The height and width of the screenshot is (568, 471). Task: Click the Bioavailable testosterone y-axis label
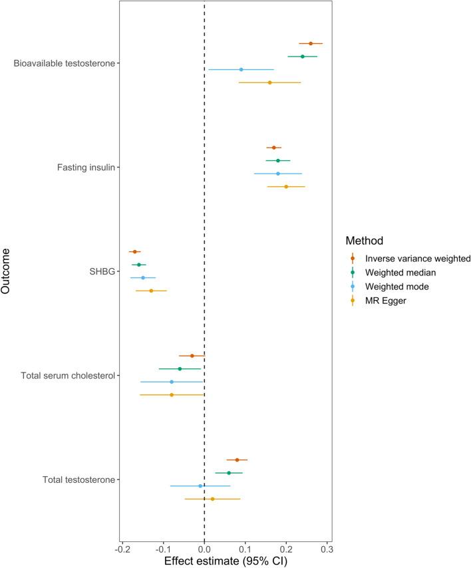tap(65, 64)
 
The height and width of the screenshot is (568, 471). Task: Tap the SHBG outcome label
tap(102, 271)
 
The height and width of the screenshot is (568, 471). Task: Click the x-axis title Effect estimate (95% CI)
tap(226, 561)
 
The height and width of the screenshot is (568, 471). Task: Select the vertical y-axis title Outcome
tap(7, 271)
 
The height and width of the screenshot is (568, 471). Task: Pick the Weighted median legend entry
tap(400, 273)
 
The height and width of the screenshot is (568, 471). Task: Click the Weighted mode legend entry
tap(398, 287)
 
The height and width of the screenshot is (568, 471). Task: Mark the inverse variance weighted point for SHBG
tap(134, 252)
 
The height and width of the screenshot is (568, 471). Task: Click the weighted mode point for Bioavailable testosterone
tap(241, 70)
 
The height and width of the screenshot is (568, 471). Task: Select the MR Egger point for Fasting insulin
tap(286, 187)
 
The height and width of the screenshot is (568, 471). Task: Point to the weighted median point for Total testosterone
tap(229, 473)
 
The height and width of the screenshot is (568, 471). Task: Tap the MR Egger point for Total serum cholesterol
tap(172, 395)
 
